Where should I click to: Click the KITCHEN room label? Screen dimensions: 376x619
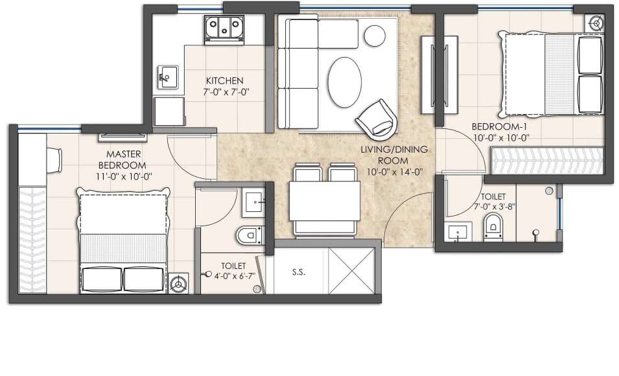pyautogui.click(x=224, y=80)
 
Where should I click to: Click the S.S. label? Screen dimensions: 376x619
pyautogui.click(x=298, y=272)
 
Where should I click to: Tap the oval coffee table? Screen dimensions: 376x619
pyautogui.click(x=344, y=82)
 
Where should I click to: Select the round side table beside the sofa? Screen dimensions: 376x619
pyautogui.click(x=375, y=36)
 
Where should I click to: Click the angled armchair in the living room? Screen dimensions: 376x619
pyautogui.click(x=377, y=119)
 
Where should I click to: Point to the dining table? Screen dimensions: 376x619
pyautogui.click(x=324, y=200)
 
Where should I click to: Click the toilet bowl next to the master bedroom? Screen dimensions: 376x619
pyautogui.click(x=250, y=235)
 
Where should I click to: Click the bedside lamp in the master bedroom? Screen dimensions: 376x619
pyautogui.click(x=178, y=283)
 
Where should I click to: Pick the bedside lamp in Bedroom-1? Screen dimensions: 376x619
pyautogui.click(x=595, y=22)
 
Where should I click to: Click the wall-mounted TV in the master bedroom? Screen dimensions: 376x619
pyautogui.click(x=123, y=136)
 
